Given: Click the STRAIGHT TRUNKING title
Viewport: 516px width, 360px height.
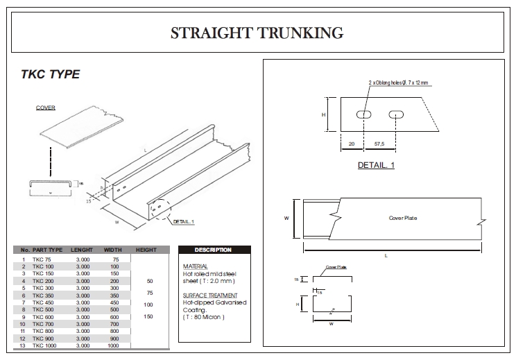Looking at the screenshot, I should [257, 33].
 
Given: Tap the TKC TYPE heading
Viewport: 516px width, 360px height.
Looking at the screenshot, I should [51, 74].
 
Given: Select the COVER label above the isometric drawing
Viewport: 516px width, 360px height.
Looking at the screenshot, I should [46, 108].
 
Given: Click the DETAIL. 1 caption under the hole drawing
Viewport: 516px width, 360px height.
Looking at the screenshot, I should [376, 165].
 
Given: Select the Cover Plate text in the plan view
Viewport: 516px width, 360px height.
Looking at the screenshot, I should [403, 218].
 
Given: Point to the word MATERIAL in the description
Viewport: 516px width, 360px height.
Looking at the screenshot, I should [195, 266].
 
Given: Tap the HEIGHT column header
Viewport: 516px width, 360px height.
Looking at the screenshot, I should [146, 250].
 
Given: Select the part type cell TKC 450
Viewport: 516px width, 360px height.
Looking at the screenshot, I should [43, 302].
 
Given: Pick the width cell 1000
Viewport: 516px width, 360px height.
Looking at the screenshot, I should [113, 345].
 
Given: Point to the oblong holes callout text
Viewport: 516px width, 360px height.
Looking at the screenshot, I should [399, 83].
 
